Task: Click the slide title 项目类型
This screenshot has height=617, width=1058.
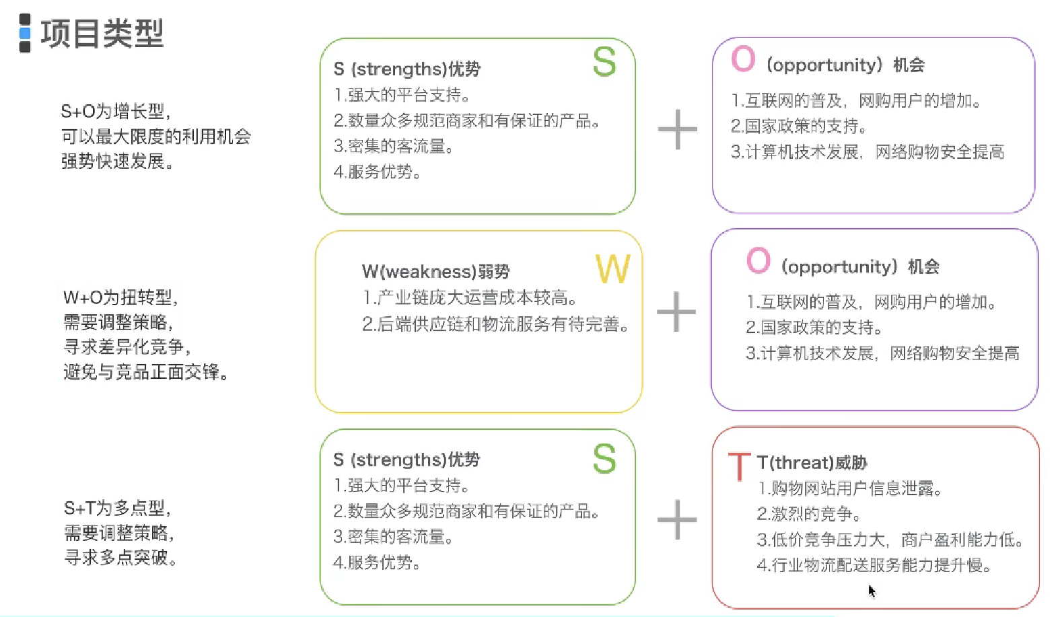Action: point(102,33)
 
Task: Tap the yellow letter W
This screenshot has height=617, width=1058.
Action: point(612,269)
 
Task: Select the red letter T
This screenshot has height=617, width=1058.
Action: point(739,466)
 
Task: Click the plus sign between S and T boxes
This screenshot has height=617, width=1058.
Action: point(677,519)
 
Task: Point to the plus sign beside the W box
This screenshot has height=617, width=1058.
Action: point(676,312)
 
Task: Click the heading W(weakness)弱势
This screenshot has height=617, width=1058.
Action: point(435,272)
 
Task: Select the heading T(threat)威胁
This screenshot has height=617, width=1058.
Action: point(812,463)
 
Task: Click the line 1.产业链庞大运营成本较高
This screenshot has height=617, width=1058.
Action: point(469,297)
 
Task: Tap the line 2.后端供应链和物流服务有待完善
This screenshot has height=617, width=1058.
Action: point(495,324)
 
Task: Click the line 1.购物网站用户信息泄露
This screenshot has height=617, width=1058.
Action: point(849,488)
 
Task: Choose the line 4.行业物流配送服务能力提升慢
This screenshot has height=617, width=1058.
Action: point(874,565)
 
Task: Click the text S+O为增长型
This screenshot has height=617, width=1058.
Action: point(115,111)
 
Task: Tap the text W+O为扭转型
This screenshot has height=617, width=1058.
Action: point(120,297)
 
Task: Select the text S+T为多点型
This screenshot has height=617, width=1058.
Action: point(117,508)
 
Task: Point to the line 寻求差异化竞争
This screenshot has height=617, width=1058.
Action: point(127,347)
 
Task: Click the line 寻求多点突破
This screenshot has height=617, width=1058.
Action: point(120,558)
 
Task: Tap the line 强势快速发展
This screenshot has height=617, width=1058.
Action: point(117,161)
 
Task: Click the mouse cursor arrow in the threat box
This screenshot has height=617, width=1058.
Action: point(872,591)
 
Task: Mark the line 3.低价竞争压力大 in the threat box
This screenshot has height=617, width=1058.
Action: point(890,540)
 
